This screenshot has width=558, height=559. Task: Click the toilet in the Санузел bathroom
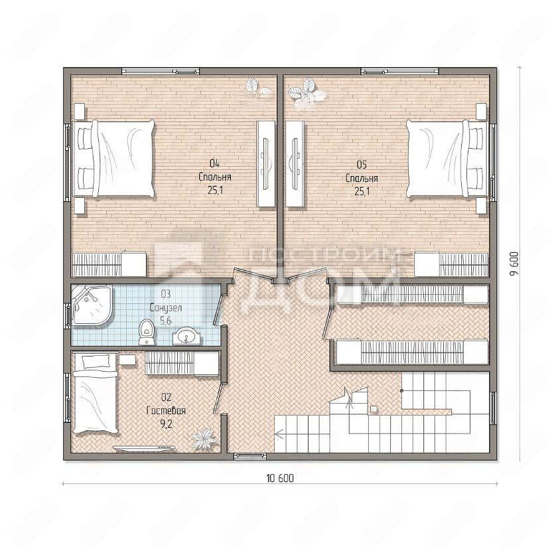(x=147, y=332)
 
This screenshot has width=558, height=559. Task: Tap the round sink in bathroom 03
(x=186, y=337)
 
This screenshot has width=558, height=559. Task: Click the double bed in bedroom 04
(x=113, y=159)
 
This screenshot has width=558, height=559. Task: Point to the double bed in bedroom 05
(x=447, y=159)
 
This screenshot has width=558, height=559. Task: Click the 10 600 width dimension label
(x=280, y=478)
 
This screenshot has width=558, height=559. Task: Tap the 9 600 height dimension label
(x=514, y=264)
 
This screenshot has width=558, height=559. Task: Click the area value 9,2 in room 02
(x=166, y=424)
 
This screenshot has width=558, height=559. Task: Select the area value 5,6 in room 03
(x=165, y=321)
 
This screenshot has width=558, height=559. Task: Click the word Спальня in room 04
(x=215, y=177)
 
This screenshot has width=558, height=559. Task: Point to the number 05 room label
(x=362, y=165)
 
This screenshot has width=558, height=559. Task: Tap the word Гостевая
(x=166, y=411)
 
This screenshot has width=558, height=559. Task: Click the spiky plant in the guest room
(x=203, y=438)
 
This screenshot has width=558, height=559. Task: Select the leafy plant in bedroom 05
(x=307, y=94)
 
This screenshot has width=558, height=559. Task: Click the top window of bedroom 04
(x=161, y=71)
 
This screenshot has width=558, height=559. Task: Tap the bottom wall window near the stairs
(x=249, y=456)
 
